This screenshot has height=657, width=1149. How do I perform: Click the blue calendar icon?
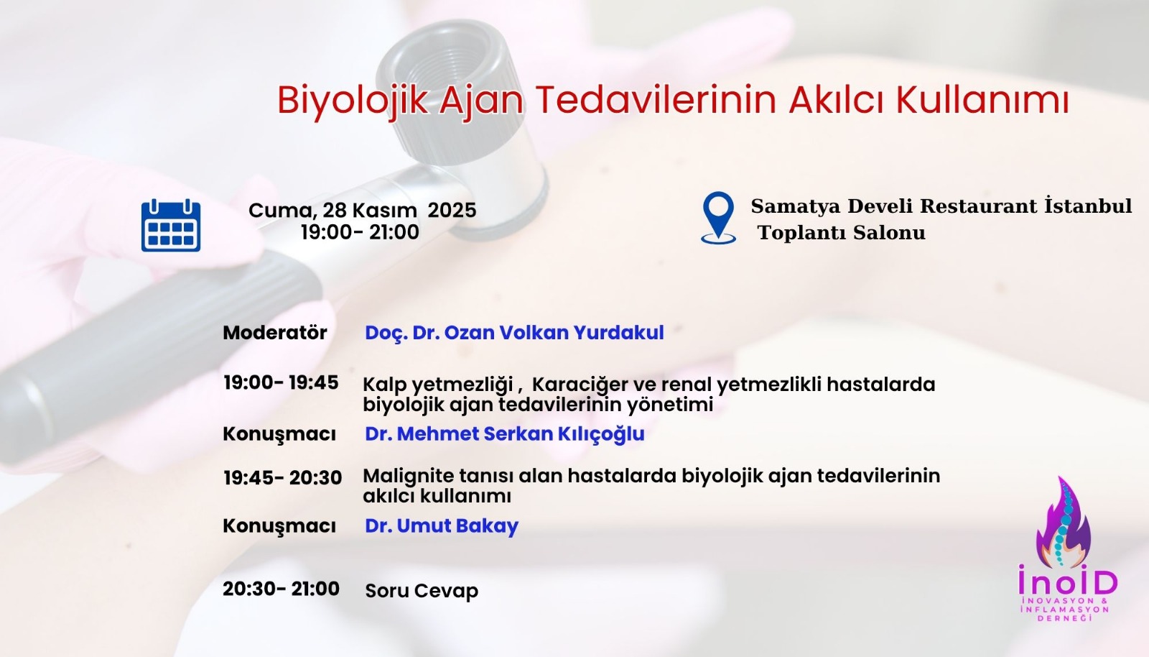(171, 226)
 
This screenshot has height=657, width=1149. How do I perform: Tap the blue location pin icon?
(718, 217)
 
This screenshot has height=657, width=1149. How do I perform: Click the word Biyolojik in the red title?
(352, 100)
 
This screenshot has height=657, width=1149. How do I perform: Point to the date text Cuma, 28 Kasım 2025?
(362, 210)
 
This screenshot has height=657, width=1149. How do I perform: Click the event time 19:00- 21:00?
(360, 232)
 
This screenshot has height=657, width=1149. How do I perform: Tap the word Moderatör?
(274, 332)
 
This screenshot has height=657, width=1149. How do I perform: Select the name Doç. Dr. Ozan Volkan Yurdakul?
(514, 332)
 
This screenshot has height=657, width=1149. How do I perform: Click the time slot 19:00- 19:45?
(281, 382)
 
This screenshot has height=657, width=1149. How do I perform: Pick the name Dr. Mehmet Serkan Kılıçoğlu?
(504, 434)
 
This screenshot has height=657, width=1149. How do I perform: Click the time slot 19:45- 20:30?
(282, 478)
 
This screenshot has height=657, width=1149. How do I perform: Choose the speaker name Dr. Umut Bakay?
(441, 525)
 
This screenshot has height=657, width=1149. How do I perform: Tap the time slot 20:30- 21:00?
(281, 589)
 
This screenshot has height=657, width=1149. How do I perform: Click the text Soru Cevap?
(422, 591)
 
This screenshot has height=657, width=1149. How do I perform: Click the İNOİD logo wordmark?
(1068, 582)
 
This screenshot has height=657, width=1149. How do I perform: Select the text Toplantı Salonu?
(842, 233)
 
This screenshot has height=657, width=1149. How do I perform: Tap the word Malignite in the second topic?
(409, 476)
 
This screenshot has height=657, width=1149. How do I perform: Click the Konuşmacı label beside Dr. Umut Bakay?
(279, 525)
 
